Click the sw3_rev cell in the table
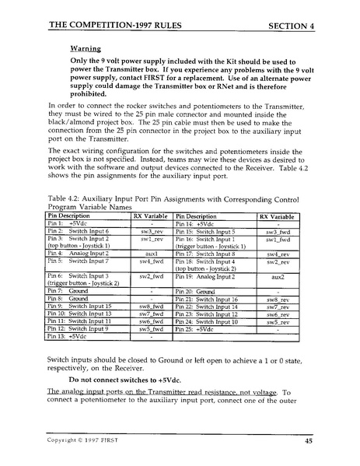(x=152, y=231)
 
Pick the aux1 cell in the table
(x=152, y=253)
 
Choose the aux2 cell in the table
(x=278, y=276)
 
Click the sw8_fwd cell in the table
(x=152, y=306)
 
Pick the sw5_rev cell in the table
(x=278, y=321)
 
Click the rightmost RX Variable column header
(x=278, y=216)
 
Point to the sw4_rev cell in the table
(x=278, y=254)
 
